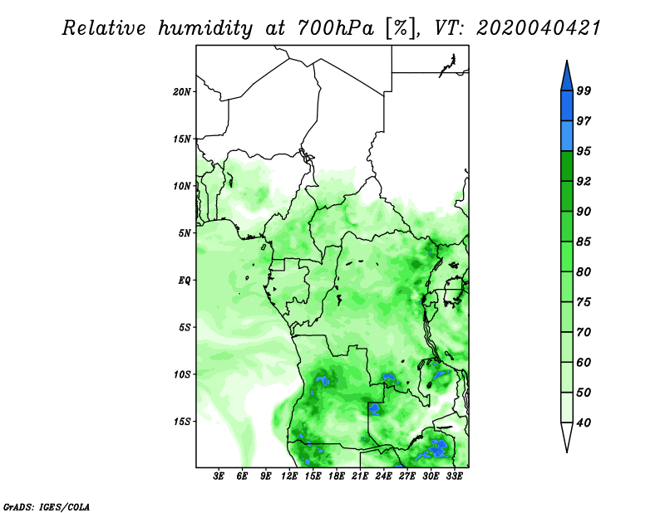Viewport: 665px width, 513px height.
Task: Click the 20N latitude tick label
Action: tap(181, 92)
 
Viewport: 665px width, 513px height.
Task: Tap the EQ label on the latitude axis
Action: tap(184, 281)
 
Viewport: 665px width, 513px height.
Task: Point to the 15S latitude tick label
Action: tap(181, 422)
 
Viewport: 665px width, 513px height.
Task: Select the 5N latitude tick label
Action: tap(185, 233)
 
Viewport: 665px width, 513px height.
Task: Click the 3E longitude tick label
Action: tap(219, 476)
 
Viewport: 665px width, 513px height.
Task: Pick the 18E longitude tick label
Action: tap(337, 476)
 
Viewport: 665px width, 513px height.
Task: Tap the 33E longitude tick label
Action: tap(454, 476)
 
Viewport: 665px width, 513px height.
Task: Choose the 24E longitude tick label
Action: tap(383, 476)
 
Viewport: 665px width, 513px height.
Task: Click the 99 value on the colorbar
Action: tap(584, 90)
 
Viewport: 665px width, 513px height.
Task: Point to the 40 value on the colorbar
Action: tap(584, 423)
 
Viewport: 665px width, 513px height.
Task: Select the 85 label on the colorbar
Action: tap(584, 242)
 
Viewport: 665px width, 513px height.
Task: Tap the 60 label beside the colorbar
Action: tap(584, 362)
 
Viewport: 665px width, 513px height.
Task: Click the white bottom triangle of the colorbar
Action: tap(567, 436)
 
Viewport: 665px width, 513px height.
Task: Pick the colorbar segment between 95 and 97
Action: tap(567, 136)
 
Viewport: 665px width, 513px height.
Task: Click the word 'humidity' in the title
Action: tap(205, 29)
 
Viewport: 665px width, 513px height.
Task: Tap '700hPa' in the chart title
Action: tap(336, 28)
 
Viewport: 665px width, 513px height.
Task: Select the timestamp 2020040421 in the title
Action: tap(539, 28)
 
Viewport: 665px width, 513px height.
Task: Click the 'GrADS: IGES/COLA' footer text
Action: tap(47, 506)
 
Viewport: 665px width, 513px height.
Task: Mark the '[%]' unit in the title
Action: tap(401, 28)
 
